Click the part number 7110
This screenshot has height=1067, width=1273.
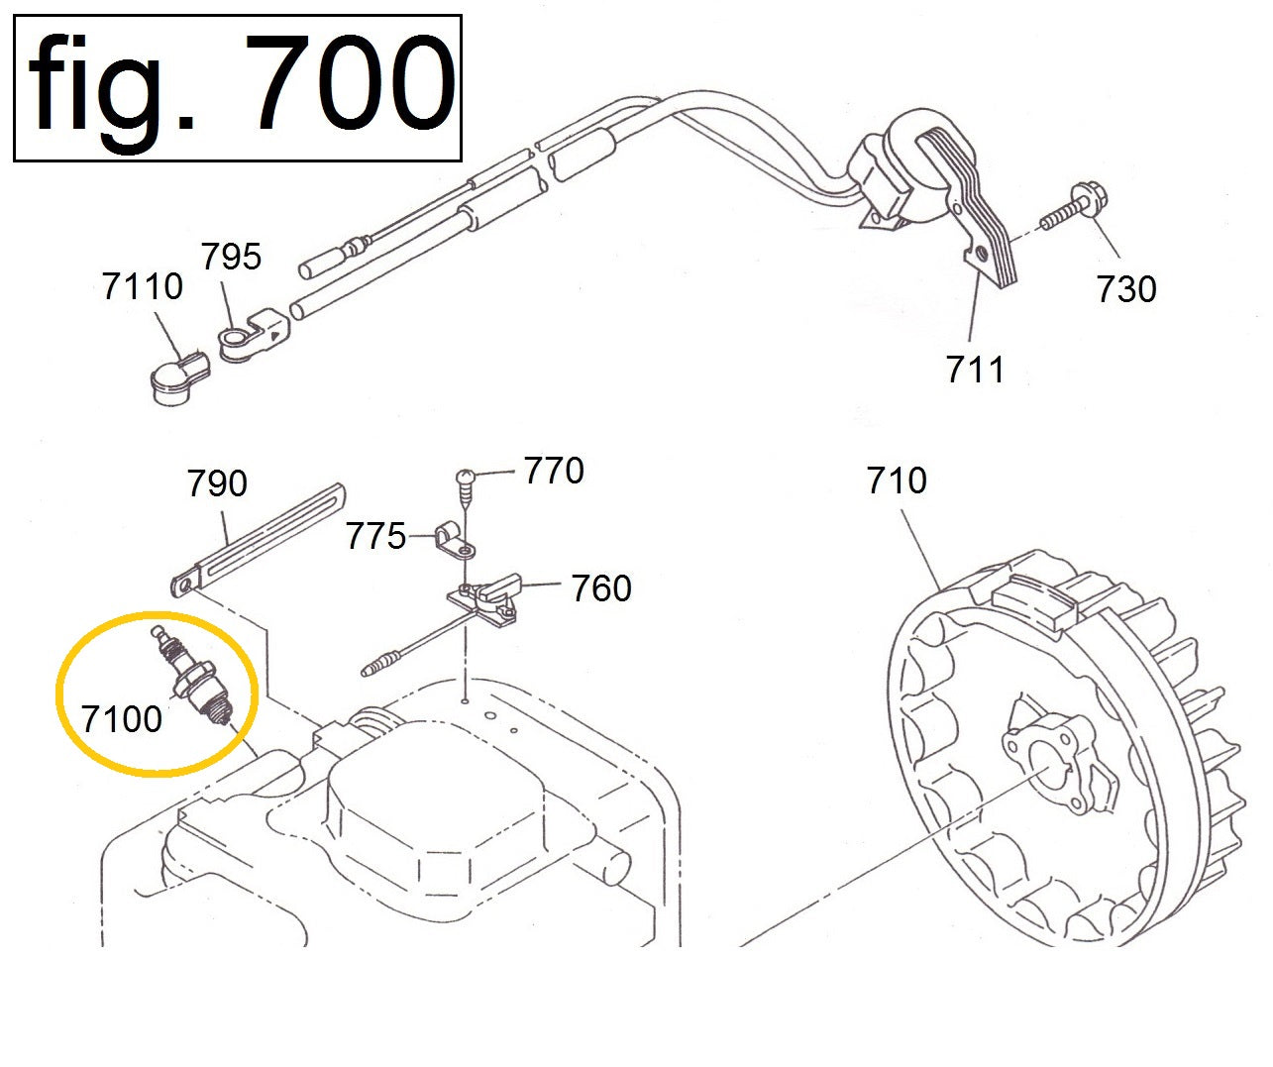(143, 287)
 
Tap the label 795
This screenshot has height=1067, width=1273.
(231, 257)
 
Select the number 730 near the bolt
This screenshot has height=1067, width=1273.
(1126, 289)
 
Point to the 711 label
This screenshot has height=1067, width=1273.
(976, 370)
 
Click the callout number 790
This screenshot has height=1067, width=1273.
(217, 483)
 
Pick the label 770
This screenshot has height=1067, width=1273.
(554, 471)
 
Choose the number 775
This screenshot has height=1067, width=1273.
(375, 537)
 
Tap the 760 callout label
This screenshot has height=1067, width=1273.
(600, 588)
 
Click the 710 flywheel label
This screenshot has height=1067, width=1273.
(897, 480)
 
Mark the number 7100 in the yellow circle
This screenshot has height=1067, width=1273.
(122, 719)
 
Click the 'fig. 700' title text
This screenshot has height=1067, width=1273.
(238, 87)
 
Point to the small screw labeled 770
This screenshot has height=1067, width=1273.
(468, 482)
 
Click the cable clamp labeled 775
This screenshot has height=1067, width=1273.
(451, 540)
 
